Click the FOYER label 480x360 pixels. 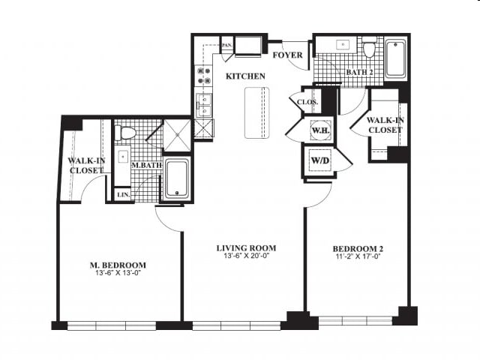tap(287, 55)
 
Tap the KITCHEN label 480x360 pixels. tap(245, 76)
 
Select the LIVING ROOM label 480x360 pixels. tap(247, 248)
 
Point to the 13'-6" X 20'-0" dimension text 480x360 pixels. tap(247, 256)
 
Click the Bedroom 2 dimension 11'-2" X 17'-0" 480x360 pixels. tap(358, 256)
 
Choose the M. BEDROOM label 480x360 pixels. tap(118, 265)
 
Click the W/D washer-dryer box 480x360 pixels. tap(320, 160)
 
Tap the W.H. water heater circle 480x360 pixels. tap(320, 130)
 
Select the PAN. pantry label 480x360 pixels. tap(226, 45)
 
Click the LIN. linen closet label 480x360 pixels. tap(124, 194)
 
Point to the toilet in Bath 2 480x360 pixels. tap(370, 48)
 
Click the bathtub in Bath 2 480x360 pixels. tap(396, 58)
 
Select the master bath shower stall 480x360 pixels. tap(177, 135)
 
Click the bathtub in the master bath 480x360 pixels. tap(177, 178)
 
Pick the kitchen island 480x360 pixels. tap(256, 112)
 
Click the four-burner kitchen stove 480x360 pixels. tap(204, 75)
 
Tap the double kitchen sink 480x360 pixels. tap(203, 105)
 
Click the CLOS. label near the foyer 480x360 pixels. tap(307, 102)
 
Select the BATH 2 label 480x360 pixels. tap(360, 72)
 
